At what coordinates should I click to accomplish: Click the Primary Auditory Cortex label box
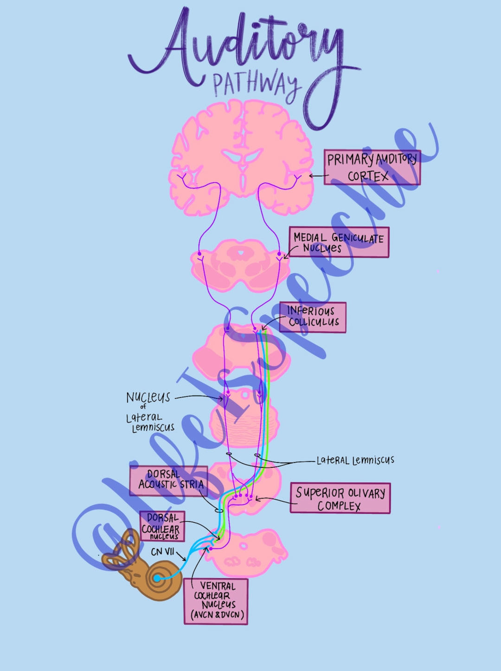point(372,167)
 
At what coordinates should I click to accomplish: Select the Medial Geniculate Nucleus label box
point(339,242)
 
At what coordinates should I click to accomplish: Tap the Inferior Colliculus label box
point(313,317)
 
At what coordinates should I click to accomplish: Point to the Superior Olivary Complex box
point(340,498)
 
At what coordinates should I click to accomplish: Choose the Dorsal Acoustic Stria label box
point(168,480)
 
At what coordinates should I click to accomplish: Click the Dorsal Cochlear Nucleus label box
point(162,526)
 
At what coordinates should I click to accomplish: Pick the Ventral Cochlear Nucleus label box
point(216,601)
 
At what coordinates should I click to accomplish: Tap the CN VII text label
point(162,552)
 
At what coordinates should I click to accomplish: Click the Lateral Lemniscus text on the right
point(355,460)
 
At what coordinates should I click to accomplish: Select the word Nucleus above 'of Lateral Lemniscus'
point(148,397)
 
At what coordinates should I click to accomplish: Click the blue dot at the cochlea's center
point(157,578)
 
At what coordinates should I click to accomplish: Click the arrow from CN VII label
point(181,556)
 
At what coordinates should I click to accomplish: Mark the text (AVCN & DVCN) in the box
point(217,615)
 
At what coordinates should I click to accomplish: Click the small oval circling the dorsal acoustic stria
point(219,511)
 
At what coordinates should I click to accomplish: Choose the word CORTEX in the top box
point(368,176)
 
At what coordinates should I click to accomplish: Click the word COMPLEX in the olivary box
point(339,506)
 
